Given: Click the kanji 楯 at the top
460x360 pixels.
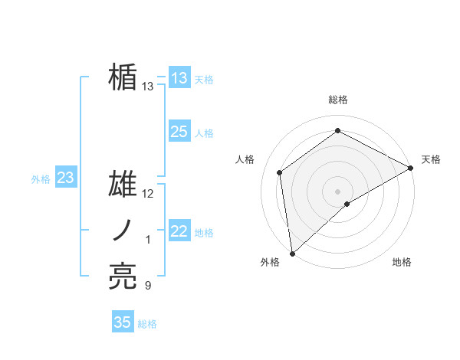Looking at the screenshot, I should click(x=123, y=78).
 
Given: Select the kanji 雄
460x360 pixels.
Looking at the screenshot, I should click(x=123, y=185).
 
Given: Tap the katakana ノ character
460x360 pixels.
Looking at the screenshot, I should click(x=123, y=231).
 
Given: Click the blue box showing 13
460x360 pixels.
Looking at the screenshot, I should click(x=179, y=78).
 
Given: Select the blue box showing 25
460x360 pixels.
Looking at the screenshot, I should click(x=179, y=132).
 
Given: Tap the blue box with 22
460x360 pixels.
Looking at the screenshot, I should click(x=179, y=231).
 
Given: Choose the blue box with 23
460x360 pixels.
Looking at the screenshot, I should click(x=66, y=178).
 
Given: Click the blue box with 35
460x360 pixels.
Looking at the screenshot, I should click(x=123, y=322).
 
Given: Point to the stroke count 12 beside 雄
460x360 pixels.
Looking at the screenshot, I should click(x=149, y=194).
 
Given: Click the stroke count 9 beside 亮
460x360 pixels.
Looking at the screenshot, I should click(x=148, y=286).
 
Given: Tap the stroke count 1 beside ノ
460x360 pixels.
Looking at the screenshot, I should click(x=148, y=240).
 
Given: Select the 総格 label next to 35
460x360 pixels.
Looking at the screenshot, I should click(x=147, y=324).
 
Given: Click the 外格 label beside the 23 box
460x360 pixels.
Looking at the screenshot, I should click(x=41, y=179).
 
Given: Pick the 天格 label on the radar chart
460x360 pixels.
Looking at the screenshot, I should click(x=431, y=159).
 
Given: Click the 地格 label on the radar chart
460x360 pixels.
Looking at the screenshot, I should click(x=402, y=263).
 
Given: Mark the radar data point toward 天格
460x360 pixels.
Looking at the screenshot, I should click(x=411, y=167).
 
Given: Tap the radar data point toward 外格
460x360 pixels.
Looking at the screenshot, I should click(x=292, y=253).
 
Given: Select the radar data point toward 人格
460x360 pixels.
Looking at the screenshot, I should click(x=280, y=172).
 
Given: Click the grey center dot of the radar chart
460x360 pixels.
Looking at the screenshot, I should click(x=337, y=191).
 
